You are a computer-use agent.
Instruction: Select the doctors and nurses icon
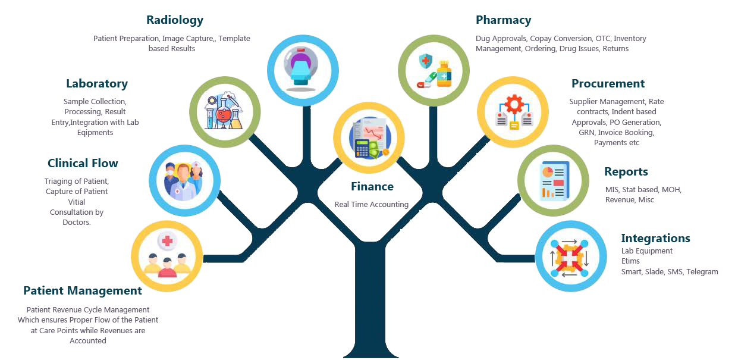tap(184, 180)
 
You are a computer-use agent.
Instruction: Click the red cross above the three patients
tap(167, 241)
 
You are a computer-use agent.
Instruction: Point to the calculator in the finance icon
tap(362, 149)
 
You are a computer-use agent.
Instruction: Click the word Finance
tap(372, 187)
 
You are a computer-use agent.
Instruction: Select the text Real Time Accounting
tap(371, 205)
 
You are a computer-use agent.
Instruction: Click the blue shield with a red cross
tap(426, 61)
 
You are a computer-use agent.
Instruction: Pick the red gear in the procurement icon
tap(513, 105)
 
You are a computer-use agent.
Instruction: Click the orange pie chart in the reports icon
tap(547, 172)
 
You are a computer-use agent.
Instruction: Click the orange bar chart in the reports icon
tap(547, 192)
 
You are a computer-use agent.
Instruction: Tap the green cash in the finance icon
tap(377, 152)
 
